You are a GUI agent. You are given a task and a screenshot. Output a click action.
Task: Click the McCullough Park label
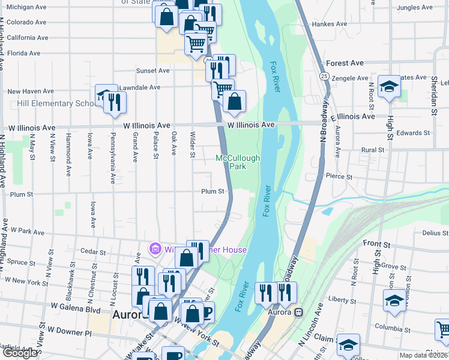coord(238,162)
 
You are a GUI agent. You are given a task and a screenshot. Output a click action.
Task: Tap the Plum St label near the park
coord(212,191)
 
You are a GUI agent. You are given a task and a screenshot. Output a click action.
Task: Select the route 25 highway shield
coord(324,76)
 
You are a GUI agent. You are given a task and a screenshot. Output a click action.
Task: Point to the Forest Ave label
coord(345,63)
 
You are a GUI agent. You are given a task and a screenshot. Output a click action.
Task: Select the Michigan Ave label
coord(27,7)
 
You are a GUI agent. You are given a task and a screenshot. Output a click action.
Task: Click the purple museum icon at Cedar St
coord(155,248)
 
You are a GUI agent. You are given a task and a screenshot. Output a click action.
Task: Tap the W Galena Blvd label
coord(75,310)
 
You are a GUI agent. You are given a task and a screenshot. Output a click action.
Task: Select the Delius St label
coord(435,233)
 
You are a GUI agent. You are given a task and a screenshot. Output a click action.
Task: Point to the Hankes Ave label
coord(330,25)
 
